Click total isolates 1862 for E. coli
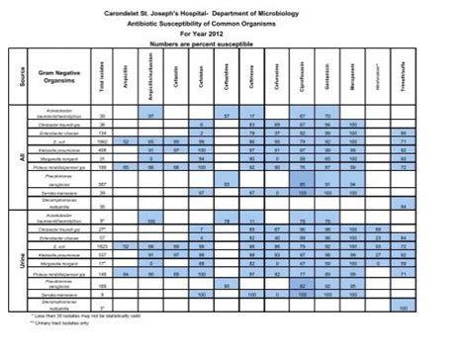click(103, 141)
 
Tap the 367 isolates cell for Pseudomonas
click(103, 183)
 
